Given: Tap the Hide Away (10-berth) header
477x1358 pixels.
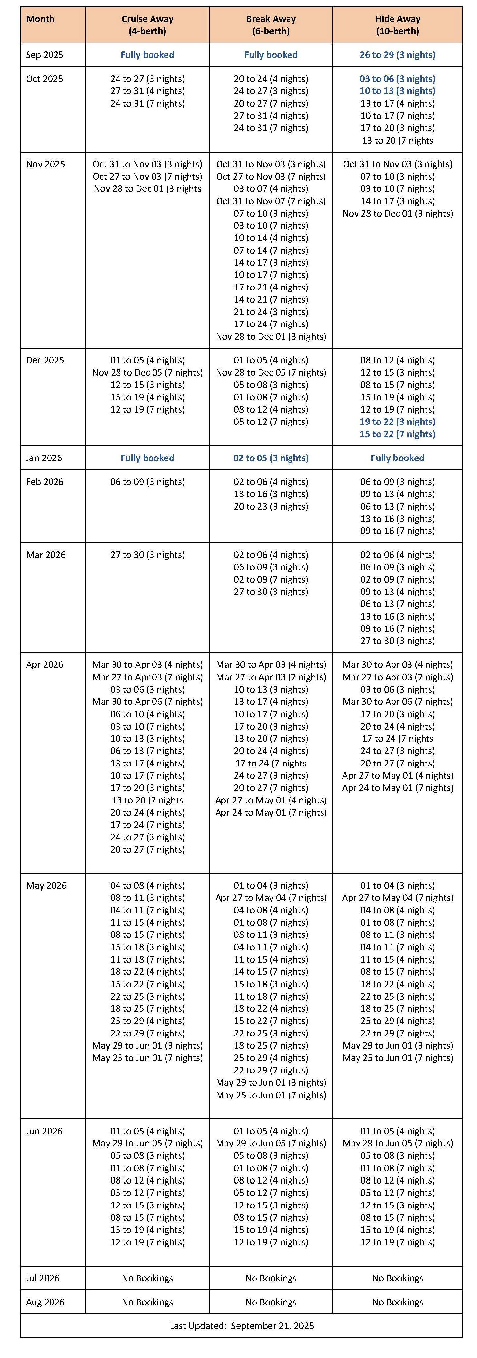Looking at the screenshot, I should point(397,25).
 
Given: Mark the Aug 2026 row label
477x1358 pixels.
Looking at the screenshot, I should point(45,1302).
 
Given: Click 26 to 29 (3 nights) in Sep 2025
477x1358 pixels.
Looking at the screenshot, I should point(397,55).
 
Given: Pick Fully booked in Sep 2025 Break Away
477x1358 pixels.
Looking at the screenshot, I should point(271,55).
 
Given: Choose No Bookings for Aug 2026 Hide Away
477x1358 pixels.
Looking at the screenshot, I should point(397,1302).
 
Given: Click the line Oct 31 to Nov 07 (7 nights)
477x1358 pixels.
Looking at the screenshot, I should point(271,201).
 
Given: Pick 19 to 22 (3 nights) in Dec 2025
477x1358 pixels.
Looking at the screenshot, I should point(397,422).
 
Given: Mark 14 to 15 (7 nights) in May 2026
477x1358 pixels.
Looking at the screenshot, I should point(271,971).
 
